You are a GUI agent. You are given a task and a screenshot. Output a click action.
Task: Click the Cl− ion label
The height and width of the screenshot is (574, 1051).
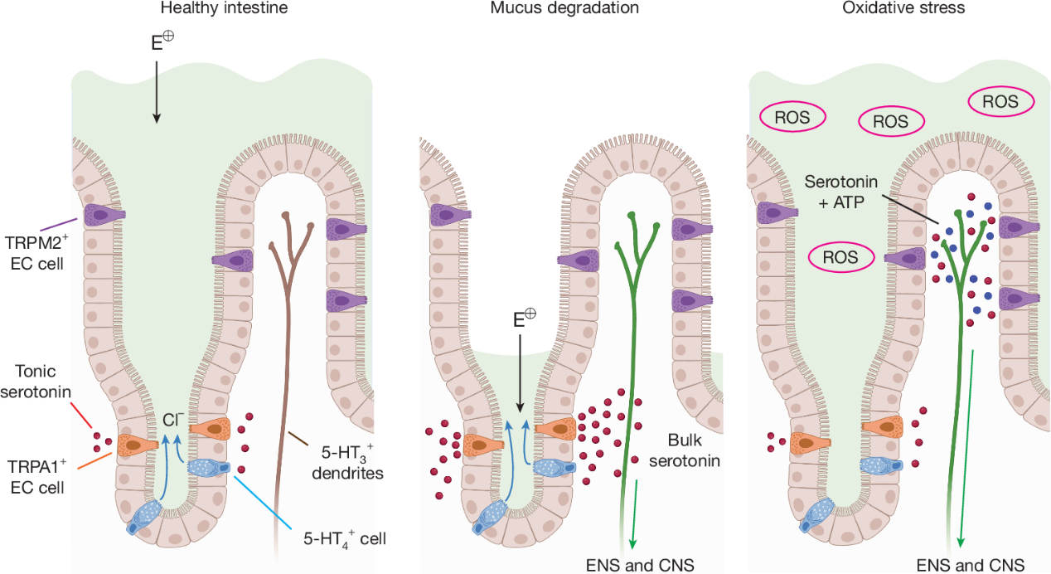[x=172, y=420]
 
